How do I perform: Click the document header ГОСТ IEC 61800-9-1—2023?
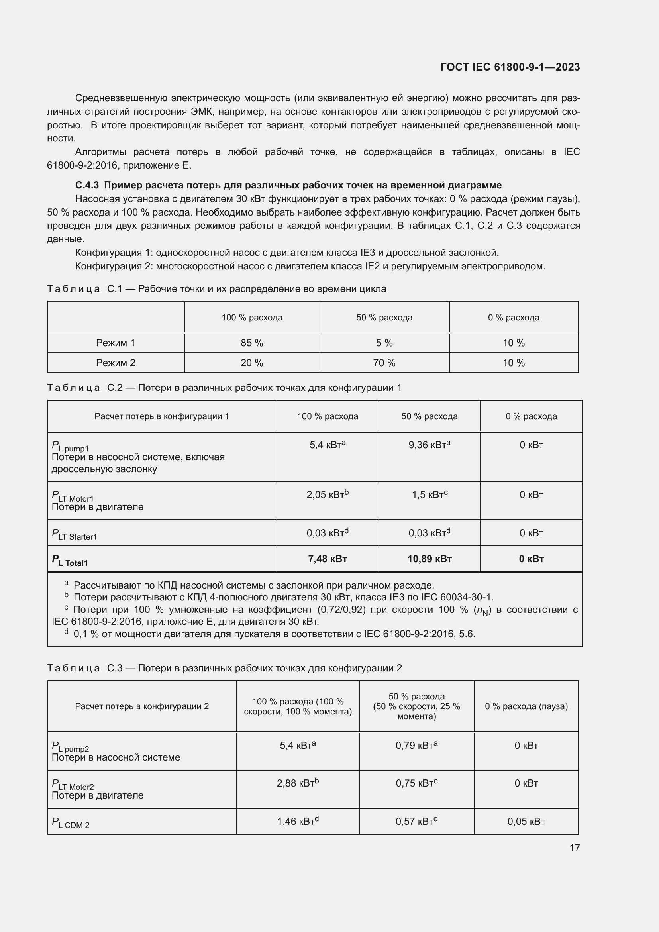pos(510,67)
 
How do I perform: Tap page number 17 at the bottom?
pos(574,848)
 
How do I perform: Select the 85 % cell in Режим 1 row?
pos(251,343)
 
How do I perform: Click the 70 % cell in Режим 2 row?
pos(384,363)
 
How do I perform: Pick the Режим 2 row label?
pos(116,363)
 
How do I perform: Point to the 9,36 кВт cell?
pos(429,445)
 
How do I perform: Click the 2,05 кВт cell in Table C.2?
pos(327,494)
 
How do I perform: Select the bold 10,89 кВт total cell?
pos(430,559)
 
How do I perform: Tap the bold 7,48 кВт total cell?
pos(327,559)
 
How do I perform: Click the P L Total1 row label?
pos(70,560)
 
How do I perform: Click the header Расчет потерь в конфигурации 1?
pos(161,416)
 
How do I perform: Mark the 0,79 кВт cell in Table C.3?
pos(416,745)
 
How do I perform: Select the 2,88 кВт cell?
pos(298,783)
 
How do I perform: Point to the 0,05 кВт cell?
pos(526,822)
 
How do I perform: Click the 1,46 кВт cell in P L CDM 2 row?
pos(298,822)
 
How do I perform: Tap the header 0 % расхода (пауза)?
pos(526,706)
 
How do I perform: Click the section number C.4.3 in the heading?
pos(87,186)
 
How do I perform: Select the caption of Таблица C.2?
pos(224,388)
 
